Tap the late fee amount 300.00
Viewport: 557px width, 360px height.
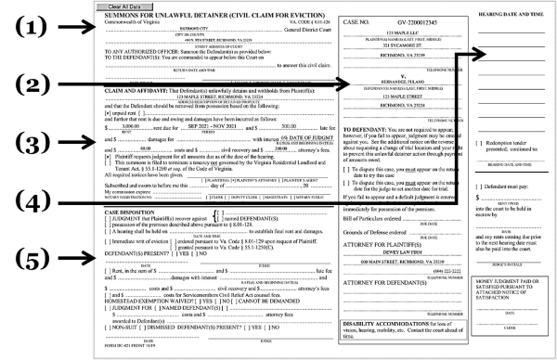(x=289, y=124)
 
